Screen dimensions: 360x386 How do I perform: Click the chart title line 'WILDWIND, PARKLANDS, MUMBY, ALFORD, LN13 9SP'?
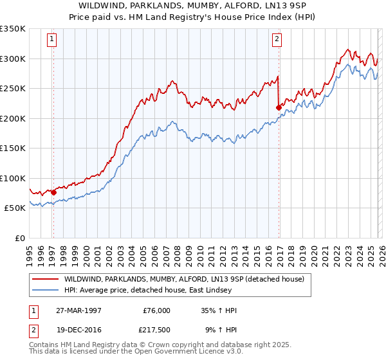[x=193, y=6]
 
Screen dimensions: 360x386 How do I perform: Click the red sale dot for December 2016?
[x=279, y=108]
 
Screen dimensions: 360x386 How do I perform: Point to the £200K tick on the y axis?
[x=12, y=118]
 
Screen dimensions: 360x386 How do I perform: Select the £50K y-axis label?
[x=14, y=208]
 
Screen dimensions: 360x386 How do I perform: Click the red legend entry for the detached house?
[x=187, y=279]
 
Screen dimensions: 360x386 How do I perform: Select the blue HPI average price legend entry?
[x=160, y=290]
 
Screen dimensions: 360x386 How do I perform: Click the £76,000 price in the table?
[x=157, y=310]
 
